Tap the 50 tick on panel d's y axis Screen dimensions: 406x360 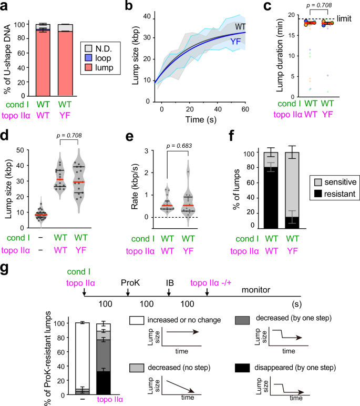point(28,150)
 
